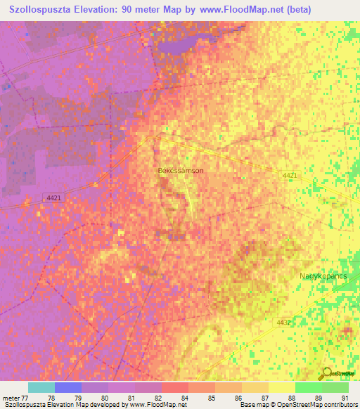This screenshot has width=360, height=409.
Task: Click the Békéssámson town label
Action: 181,170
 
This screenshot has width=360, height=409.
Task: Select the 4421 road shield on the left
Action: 53,198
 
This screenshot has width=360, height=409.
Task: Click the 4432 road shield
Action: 284,322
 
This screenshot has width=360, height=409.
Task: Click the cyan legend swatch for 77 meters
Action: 41,387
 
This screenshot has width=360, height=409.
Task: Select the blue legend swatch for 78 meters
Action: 68,387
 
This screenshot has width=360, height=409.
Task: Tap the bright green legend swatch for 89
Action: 308,387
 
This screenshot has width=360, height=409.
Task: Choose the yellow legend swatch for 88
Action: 281,387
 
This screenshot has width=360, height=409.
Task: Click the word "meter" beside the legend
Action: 11,398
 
